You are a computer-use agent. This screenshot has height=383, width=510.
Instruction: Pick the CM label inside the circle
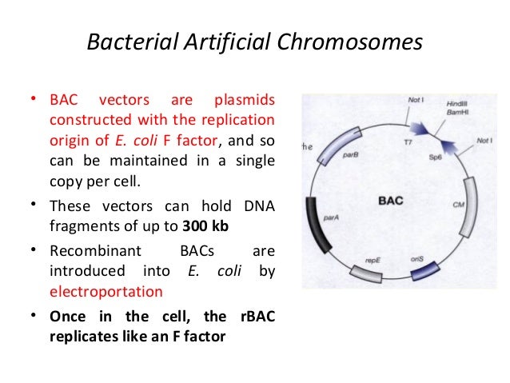(458, 205)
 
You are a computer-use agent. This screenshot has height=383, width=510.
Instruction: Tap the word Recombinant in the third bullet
(88, 250)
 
